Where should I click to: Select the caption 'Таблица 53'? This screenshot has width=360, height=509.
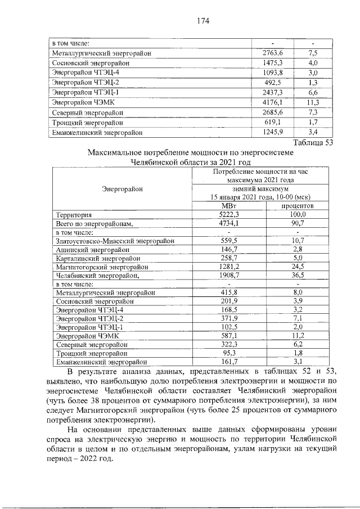tap(313, 142)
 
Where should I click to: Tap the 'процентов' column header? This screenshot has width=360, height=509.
tap(298, 206)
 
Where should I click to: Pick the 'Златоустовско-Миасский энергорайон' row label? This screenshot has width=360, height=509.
tap(112, 241)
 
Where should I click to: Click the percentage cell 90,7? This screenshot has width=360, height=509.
tap(298, 223)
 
